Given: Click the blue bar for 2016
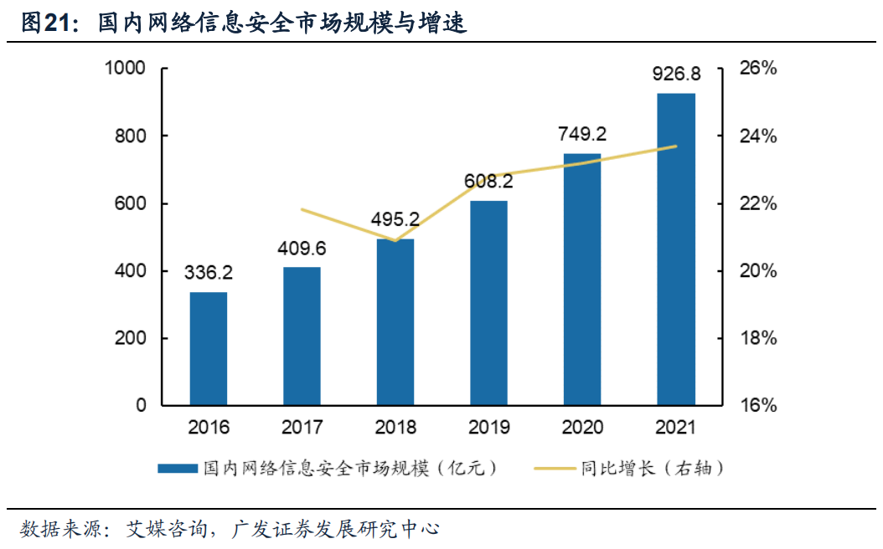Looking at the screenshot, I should tap(209, 348).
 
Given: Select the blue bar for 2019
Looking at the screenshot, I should tap(489, 303).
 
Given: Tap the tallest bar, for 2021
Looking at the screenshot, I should tap(676, 249).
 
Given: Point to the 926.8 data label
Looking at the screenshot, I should tap(676, 75).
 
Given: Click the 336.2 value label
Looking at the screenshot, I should tap(209, 273).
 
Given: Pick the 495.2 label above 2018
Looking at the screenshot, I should tap(396, 219).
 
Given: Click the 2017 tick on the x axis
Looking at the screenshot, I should tap(302, 428).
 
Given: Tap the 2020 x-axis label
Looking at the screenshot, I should tap(582, 428).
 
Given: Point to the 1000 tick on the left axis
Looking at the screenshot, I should tap(125, 69).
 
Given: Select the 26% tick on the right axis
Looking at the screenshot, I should tap(758, 69).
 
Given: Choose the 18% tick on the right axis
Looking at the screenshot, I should tap(758, 339).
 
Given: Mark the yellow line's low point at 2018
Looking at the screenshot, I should tap(396, 241).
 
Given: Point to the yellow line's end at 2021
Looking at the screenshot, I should tap(676, 146).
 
